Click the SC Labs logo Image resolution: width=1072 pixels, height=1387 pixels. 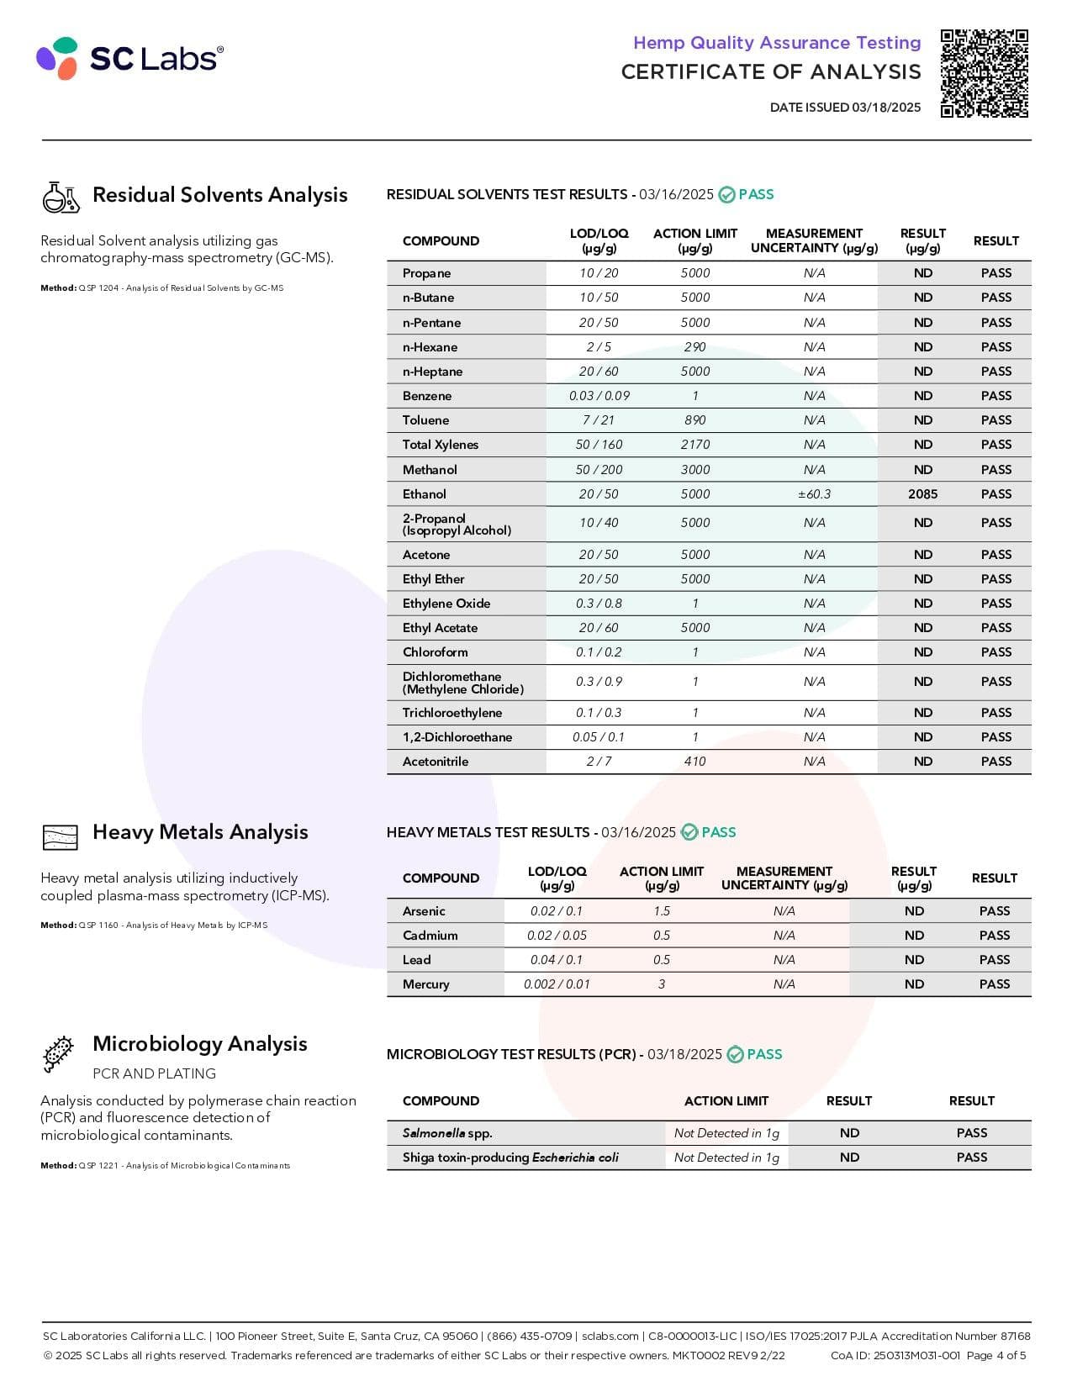click(x=130, y=58)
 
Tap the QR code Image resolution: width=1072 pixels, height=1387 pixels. click(x=984, y=73)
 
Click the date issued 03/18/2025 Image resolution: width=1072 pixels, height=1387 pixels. click(x=845, y=108)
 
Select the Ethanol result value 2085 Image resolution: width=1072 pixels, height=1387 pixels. click(x=922, y=494)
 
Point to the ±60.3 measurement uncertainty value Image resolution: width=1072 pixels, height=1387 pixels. click(x=814, y=494)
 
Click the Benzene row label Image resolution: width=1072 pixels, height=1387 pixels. click(x=427, y=396)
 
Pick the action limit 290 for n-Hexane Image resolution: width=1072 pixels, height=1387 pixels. click(x=694, y=347)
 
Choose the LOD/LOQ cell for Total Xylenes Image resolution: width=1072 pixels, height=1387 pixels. click(x=599, y=445)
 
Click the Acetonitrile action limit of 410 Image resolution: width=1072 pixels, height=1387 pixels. click(x=694, y=762)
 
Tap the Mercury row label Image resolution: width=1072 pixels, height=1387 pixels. click(x=425, y=984)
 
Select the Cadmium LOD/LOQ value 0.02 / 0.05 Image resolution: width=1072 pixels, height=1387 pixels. click(x=557, y=936)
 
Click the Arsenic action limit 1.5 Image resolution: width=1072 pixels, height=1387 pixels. click(x=662, y=911)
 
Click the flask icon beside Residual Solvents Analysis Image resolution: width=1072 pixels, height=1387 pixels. click(x=61, y=197)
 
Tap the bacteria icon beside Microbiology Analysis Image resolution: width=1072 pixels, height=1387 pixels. click(x=58, y=1054)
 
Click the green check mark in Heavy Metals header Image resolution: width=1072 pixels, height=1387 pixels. click(x=689, y=832)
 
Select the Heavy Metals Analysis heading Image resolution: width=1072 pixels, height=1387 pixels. click(x=200, y=832)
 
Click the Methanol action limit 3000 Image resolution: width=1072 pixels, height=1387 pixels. click(x=694, y=470)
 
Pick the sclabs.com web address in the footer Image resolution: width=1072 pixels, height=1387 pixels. click(x=610, y=1336)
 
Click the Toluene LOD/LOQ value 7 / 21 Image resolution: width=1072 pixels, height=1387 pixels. click(x=599, y=420)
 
